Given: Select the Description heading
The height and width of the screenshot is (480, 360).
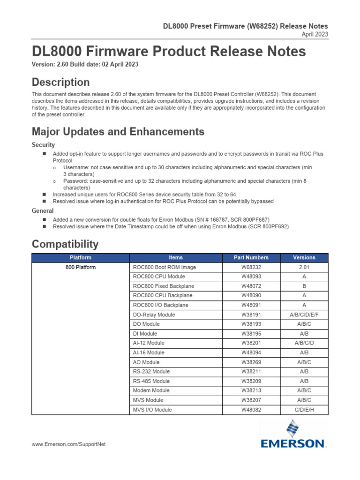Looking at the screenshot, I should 60,82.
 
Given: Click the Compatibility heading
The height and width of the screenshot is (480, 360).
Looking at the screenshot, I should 65,244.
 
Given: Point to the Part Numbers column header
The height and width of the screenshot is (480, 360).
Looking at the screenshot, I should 252,257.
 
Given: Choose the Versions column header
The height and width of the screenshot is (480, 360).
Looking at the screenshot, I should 304,257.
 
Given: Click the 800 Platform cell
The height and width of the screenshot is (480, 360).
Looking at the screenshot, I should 80,267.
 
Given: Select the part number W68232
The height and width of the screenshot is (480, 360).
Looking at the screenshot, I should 252,267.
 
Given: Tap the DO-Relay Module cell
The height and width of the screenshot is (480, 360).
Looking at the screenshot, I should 154,315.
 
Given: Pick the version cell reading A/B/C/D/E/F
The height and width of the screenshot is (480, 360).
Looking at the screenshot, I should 304,315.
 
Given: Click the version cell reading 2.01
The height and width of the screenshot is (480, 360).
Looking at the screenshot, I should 304,267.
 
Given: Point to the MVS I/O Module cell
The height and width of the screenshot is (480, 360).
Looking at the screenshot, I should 152,410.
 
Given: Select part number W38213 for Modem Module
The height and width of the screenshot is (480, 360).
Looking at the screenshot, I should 252,390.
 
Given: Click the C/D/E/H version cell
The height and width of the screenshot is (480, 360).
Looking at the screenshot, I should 304,410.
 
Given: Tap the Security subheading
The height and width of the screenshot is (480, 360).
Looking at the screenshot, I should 43,145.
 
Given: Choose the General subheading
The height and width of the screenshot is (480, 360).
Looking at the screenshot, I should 42,211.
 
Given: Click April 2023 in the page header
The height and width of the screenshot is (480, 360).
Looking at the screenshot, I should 315,34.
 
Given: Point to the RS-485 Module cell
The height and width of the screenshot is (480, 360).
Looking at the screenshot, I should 151,381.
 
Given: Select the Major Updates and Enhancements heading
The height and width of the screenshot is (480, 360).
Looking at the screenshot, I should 118,132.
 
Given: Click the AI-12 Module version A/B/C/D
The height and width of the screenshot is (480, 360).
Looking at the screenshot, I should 304,343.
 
